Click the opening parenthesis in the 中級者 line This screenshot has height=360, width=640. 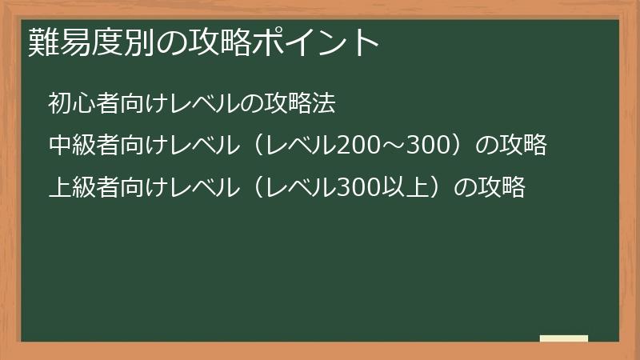(x=253, y=146)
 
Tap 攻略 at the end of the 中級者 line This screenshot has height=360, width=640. (x=523, y=146)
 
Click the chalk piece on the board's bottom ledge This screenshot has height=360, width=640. (x=563, y=338)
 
